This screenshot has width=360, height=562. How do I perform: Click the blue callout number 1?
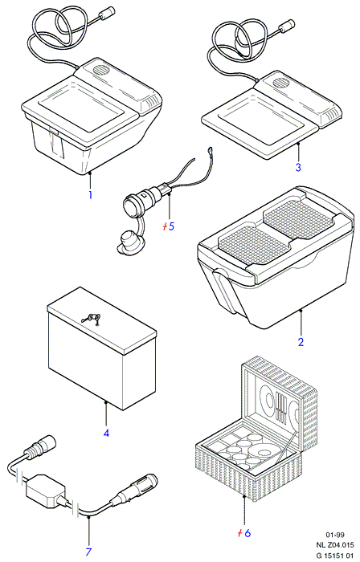pyautogui.click(x=90, y=195)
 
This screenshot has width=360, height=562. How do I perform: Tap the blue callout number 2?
pyautogui.click(x=301, y=341)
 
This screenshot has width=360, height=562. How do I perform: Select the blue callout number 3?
pyautogui.click(x=298, y=167)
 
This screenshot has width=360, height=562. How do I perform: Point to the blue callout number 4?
pyautogui.click(x=106, y=433)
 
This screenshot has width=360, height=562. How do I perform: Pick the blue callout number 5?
pyautogui.click(x=171, y=226)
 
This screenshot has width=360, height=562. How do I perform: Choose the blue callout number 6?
pyautogui.click(x=247, y=533)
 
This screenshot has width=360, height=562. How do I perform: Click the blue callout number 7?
pyautogui.click(x=88, y=552)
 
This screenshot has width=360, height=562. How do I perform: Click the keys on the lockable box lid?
pyautogui.click(x=92, y=318)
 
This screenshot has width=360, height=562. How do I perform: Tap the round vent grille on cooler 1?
pyautogui.click(x=102, y=69)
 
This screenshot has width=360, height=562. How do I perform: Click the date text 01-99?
pyautogui.click(x=335, y=536)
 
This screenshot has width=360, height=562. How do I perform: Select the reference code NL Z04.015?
pyautogui.click(x=335, y=545)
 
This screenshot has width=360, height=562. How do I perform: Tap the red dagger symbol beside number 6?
pyautogui.click(x=240, y=533)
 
